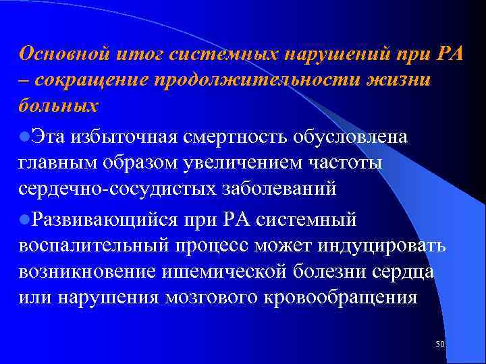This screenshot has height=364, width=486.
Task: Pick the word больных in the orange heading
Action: pyautogui.click(x=59, y=107)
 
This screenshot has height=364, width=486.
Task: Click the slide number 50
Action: pyautogui.click(x=440, y=344)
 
